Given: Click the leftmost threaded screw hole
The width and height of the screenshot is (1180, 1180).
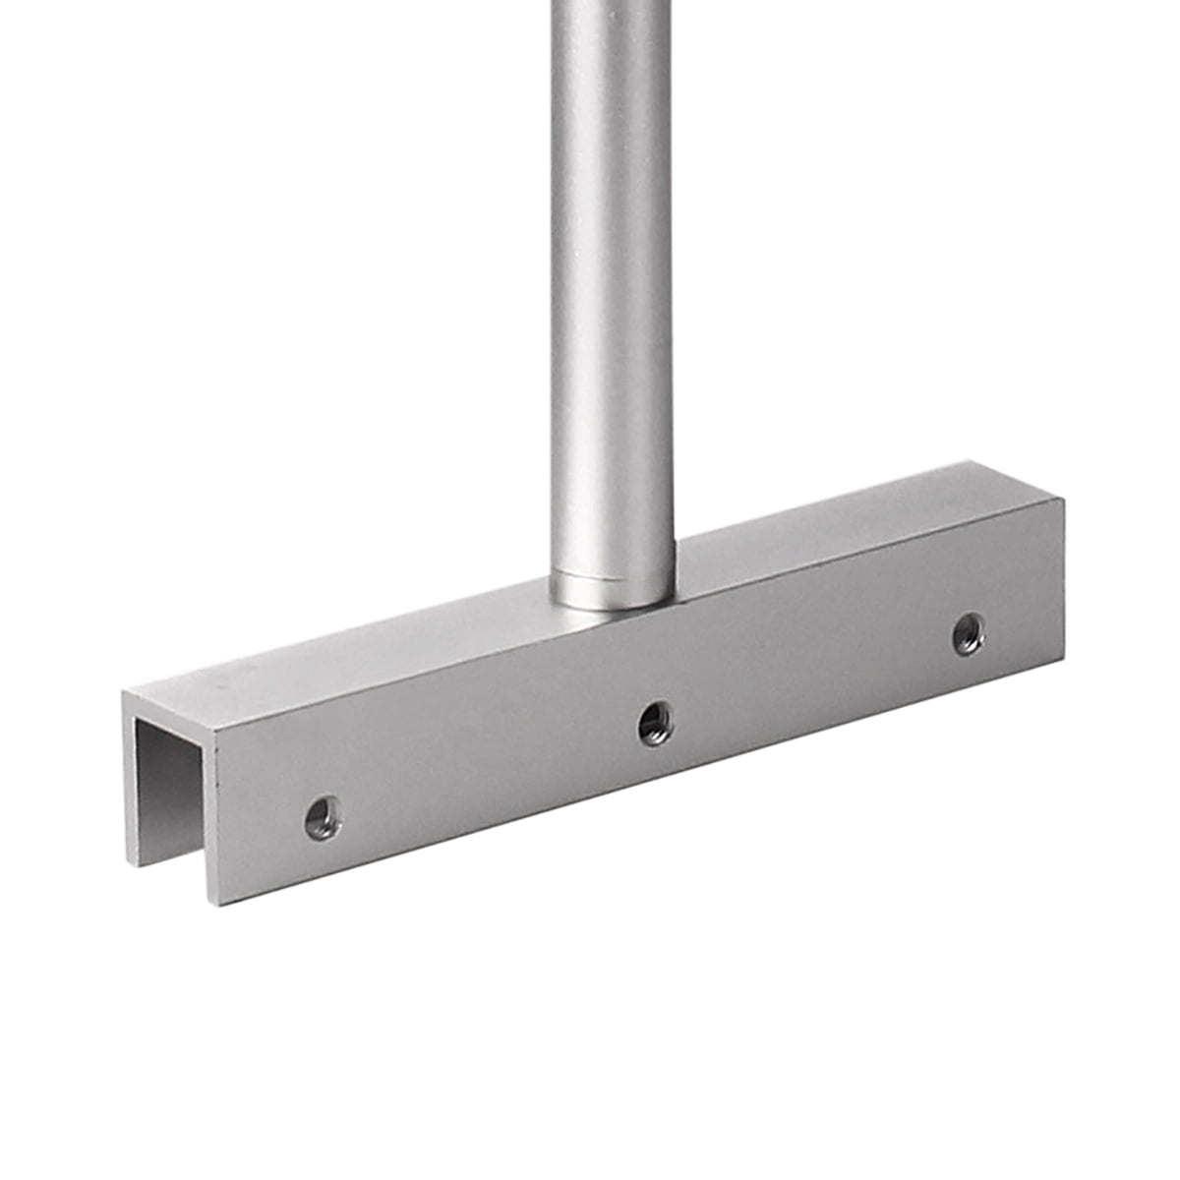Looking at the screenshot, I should [x=323, y=817].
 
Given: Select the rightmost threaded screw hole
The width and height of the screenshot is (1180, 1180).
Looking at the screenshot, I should [x=970, y=633].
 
